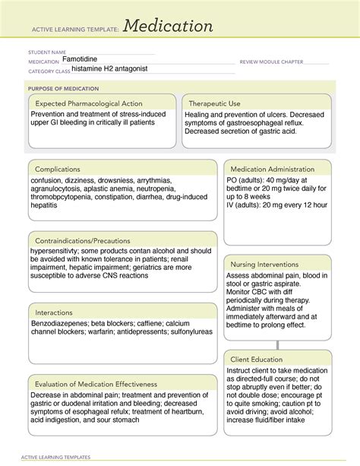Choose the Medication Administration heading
[x=272, y=169]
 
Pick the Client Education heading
[x=258, y=359]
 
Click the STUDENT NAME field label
[x=48, y=52]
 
